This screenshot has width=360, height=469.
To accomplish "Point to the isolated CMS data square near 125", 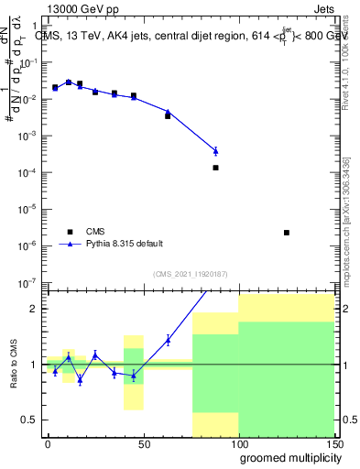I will (287, 233).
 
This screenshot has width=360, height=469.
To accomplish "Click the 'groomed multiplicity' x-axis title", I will (287, 456).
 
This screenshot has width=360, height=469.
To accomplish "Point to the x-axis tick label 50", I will (143, 442).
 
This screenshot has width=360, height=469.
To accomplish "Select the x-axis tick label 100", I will (238, 442).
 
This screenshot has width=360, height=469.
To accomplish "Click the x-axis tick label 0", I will (48, 442).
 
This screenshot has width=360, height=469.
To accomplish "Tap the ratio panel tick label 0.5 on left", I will (32, 420).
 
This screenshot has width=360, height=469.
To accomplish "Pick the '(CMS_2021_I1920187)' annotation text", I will (190, 274).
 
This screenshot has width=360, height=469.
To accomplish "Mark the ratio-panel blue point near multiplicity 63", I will (168, 340).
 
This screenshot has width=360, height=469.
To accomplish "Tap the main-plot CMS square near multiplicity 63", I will (168, 116).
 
